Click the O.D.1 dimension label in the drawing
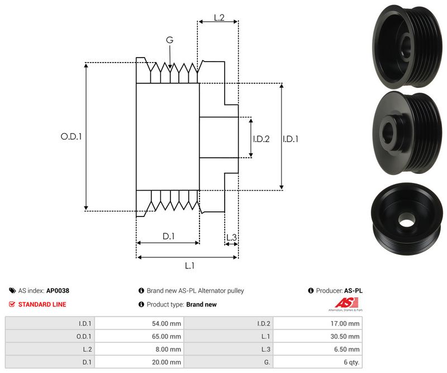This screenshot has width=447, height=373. coord(71,136)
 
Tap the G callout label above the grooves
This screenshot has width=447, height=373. coord(169,40)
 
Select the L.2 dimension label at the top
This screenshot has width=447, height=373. coord(219,18)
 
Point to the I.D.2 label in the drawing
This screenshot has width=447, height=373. coord(261,139)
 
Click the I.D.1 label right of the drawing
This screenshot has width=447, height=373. coord(291,139)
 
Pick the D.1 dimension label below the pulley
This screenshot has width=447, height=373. coord(169,236)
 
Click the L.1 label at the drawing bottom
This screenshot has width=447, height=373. coord(189,266)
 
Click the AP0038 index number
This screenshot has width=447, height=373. coord(58,291)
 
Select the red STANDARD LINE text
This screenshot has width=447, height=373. coord(42,304)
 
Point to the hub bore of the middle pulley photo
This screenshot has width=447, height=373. coord(389,131)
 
